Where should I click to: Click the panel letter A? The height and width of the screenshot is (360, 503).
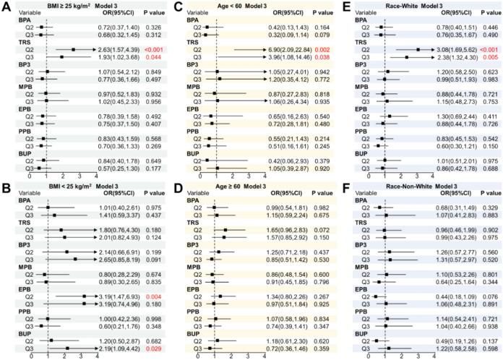point(6,7)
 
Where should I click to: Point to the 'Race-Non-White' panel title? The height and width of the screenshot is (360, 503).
point(391,187)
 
